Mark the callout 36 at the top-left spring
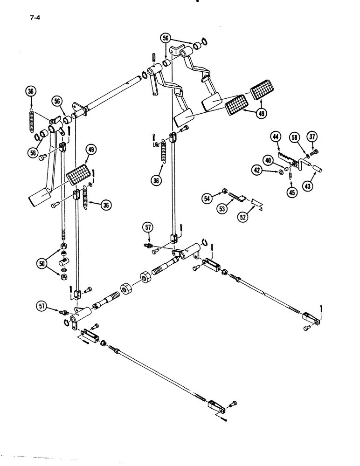(x=31, y=92)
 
